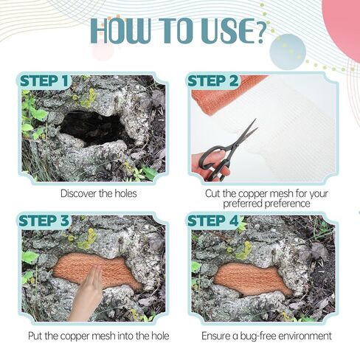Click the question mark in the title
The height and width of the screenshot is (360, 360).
coord(259,31)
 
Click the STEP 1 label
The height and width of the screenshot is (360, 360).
coord(44,81)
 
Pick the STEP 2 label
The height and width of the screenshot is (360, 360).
coord(213,81)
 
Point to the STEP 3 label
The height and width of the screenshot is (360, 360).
coord(44,221)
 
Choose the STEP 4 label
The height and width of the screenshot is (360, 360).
coord(213,221)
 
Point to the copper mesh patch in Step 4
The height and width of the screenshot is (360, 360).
coord(252,279)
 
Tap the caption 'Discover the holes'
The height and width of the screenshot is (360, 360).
coord(99,193)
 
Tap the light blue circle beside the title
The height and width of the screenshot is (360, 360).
coord(288,52)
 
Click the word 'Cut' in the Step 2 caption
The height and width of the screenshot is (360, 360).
coord(212,193)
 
